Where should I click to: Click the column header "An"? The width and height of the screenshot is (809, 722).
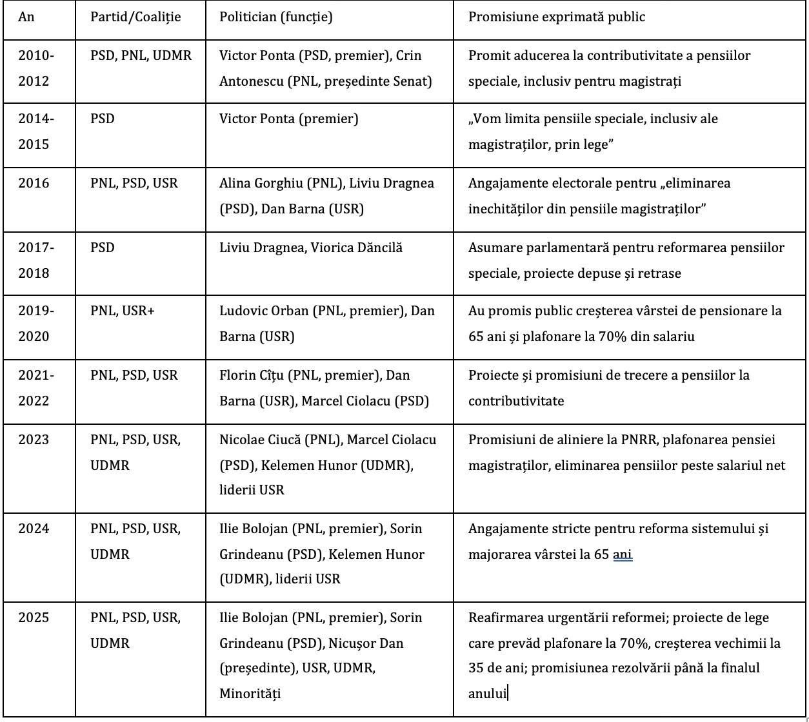coord(26,17)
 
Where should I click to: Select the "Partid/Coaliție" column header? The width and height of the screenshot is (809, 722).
coord(135,17)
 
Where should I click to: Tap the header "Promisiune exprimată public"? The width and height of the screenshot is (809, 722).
coord(556,17)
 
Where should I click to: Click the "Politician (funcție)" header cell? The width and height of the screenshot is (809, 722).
coord(276,17)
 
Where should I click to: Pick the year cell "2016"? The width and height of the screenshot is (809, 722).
coord(34,183)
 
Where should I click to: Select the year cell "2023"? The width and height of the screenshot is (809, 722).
coord(34,440)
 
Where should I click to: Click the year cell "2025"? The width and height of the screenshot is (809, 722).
coord(34,618)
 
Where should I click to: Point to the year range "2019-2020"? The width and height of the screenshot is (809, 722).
coord(37,323)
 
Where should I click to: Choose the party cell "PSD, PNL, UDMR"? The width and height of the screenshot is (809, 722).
coord(141,55)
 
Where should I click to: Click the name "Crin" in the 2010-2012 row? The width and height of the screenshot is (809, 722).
coord(409,55)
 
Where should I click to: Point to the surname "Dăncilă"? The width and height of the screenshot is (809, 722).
coord(379,247)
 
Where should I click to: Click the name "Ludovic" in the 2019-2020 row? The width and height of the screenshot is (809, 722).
coord(243,311)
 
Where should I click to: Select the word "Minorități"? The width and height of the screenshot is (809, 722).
coord(250,694)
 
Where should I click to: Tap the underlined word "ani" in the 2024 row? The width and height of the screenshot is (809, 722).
coord(623,554)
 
